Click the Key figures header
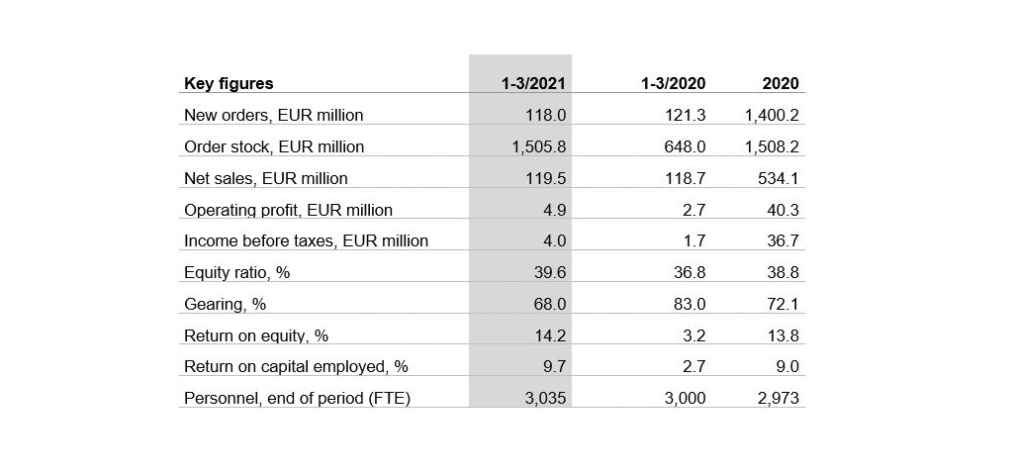point(229,84)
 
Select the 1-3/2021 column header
point(533,84)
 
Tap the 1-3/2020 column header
point(673,84)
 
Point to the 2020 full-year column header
point(781,84)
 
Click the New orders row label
point(273,115)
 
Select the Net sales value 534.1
point(778,178)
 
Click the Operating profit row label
point(288,210)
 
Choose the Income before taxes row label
point(306,240)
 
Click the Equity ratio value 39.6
point(549,272)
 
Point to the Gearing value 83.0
point(690,304)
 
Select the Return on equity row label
point(256,335)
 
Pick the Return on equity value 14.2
point(549,335)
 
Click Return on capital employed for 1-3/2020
point(694,366)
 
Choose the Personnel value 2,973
point(779,398)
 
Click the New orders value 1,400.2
point(772,115)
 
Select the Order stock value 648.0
point(686,146)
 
